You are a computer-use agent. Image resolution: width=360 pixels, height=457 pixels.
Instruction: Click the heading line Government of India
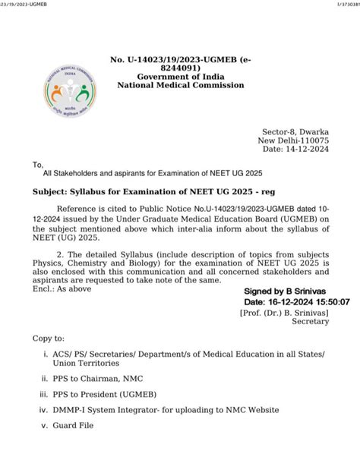[x=180, y=76]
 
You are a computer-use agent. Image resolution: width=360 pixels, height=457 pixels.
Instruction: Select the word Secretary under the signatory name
[x=311, y=321]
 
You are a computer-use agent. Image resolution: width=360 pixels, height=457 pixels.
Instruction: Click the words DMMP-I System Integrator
[x=110, y=410]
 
